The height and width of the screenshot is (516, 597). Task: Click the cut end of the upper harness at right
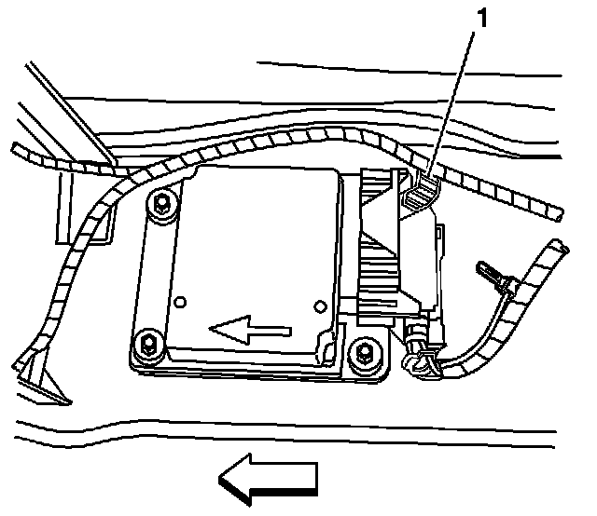[557, 214]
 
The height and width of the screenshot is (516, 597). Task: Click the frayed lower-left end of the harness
[37, 377]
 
